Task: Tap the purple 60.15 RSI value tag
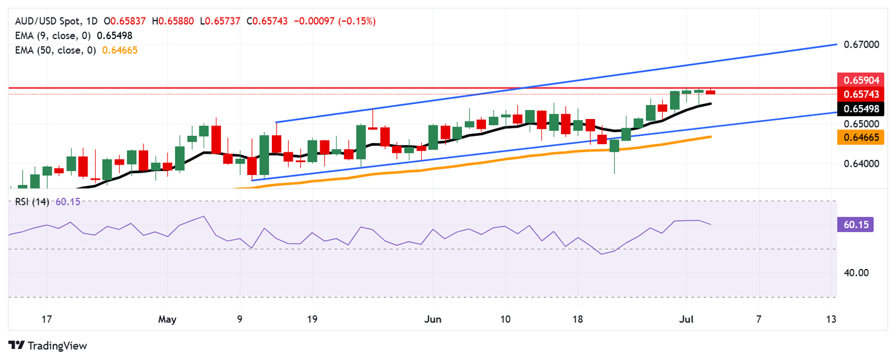855,225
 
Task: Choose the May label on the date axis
167,319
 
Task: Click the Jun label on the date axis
433,319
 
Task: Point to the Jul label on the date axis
686,319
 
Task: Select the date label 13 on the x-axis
831,319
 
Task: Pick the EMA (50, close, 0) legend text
53,50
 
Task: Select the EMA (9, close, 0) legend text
51,36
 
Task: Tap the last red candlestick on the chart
710,92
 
